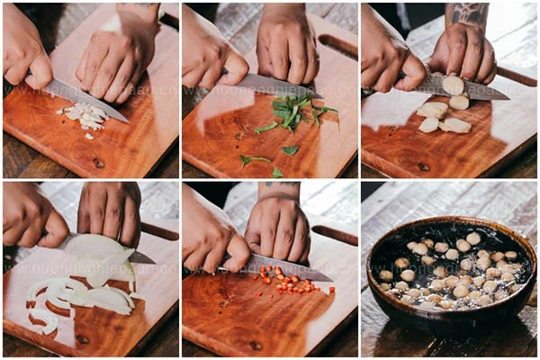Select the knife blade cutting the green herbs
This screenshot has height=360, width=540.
coord(270,85)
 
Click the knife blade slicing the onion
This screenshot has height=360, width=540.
coord(139,257)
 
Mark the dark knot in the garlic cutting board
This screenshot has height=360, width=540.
coord(98,163)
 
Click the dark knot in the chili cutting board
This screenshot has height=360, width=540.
coord(256,345)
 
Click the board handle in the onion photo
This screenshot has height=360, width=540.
coord(159,231)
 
